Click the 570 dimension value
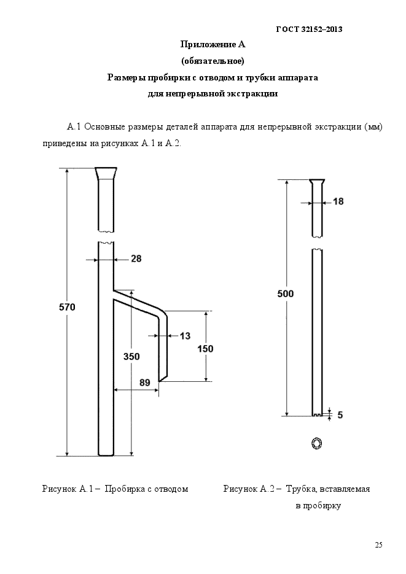point(67,307)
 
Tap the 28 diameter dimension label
point(136,259)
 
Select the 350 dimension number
point(131,356)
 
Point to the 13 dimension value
point(185,336)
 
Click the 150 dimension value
point(205,349)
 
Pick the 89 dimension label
point(145,382)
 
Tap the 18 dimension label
point(338,201)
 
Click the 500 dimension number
point(285,293)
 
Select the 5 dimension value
point(340,415)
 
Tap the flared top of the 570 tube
point(106,174)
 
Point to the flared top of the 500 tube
point(317,182)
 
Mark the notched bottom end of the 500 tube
point(317,414)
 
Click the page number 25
point(378,545)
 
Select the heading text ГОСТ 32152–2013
point(310,29)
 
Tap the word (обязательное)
point(213,61)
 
